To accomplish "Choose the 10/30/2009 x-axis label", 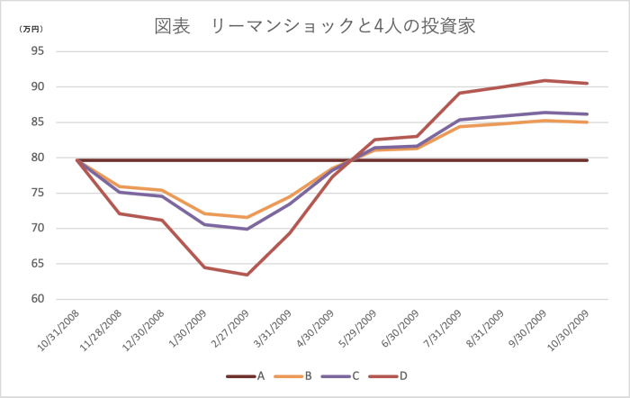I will click(567, 332).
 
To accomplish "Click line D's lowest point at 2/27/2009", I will click(247, 275).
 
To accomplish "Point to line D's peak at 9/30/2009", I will click(544, 80).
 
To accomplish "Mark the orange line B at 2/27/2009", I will click(247, 217).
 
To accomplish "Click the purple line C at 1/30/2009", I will click(204, 224).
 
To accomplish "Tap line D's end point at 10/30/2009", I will click(587, 83).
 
